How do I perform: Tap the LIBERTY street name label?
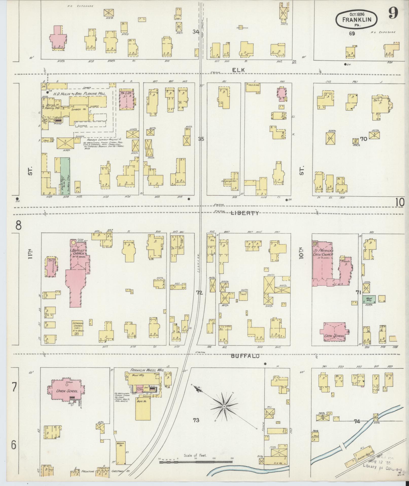(244, 213)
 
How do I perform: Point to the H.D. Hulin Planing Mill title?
(79, 94)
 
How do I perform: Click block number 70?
(364, 139)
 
